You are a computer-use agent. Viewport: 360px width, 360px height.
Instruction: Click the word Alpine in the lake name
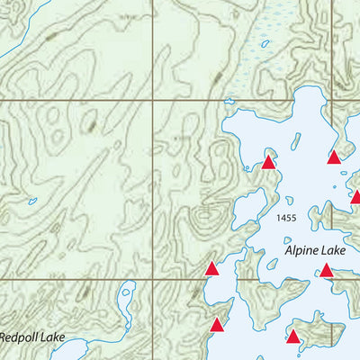pyautogui.click(x=302, y=251)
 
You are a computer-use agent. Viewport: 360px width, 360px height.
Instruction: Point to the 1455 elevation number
pyautogui.click(x=288, y=219)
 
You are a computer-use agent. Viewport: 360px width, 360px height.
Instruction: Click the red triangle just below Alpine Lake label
pyautogui.click(x=327, y=270)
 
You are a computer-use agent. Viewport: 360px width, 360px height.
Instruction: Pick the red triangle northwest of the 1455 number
pyautogui.click(x=268, y=163)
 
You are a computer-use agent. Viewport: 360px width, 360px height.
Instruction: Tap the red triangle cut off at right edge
pyautogui.click(x=355, y=196)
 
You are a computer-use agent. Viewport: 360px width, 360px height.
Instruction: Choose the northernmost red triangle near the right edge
pyautogui.click(x=334, y=157)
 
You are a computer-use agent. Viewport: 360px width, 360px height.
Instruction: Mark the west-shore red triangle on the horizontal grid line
pyautogui.click(x=211, y=268)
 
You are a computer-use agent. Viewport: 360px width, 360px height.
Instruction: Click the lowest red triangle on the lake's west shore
pyautogui.click(x=216, y=325)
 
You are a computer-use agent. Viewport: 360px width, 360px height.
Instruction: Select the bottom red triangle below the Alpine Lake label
pyautogui.click(x=292, y=337)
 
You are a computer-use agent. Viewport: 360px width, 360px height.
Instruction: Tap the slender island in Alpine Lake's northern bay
pyautogui.click(x=293, y=139)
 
